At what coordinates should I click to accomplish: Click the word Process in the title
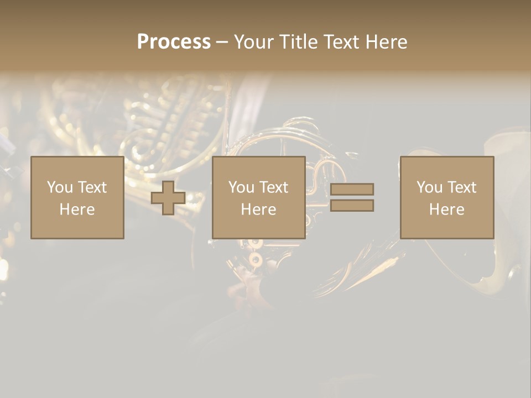(174, 42)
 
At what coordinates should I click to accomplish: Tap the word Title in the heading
(298, 42)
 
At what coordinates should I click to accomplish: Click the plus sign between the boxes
(168, 198)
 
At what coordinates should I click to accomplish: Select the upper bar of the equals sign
(352, 189)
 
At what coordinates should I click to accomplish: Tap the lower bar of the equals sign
(352, 206)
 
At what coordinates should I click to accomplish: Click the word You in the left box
(60, 187)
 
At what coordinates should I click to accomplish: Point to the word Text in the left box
(92, 187)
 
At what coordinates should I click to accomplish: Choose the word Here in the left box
(77, 210)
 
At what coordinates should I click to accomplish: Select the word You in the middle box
(241, 187)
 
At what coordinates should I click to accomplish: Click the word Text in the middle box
(273, 187)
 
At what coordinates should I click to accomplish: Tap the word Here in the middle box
(258, 210)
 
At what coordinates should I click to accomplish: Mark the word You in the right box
(429, 187)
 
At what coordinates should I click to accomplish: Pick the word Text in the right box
(461, 187)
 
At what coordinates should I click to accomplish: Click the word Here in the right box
(446, 210)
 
